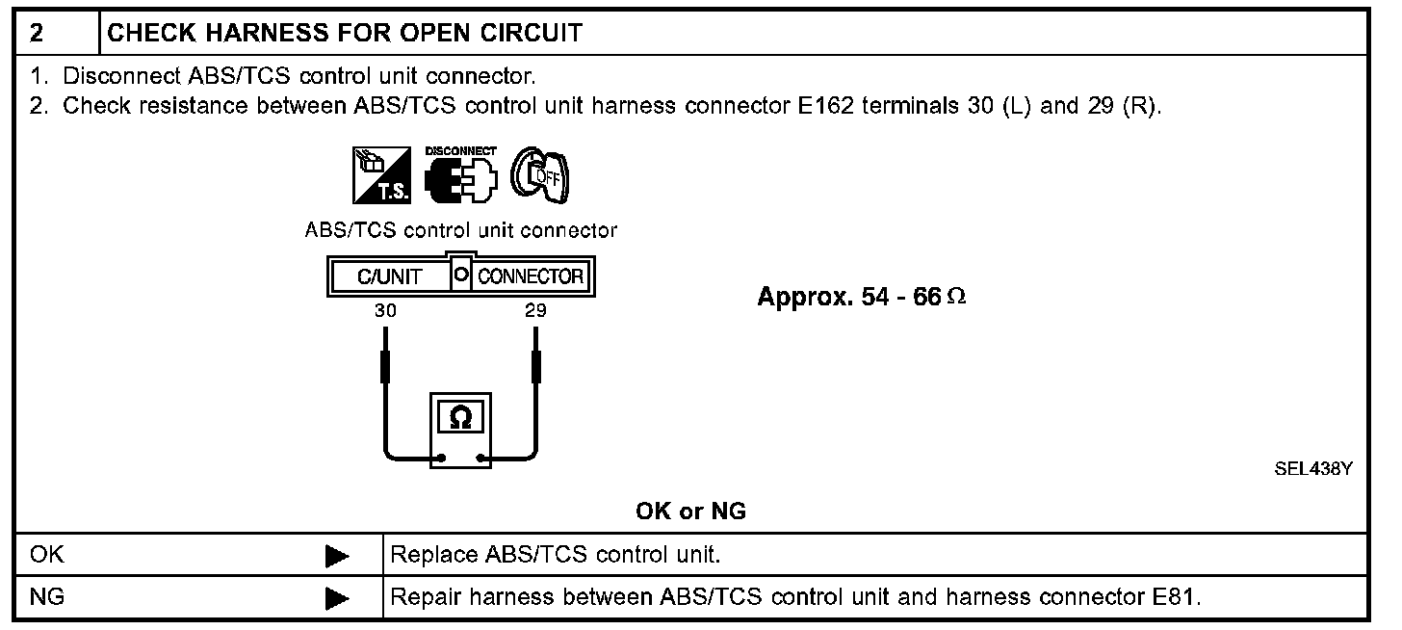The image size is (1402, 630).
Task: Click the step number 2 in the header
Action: (x=37, y=34)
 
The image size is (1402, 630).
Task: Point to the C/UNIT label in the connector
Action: (x=389, y=277)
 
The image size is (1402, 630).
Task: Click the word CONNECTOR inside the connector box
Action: (x=531, y=277)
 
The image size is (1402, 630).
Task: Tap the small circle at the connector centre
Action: (x=460, y=276)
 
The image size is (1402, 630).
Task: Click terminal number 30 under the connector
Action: (x=386, y=311)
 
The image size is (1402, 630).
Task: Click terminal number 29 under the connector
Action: (x=535, y=311)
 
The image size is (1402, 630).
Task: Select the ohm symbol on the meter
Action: (x=461, y=416)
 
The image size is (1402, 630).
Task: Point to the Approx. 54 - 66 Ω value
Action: (x=861, y=297)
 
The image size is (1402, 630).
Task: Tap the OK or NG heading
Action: (x=690, y=512)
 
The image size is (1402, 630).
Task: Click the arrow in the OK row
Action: (x=336, y=556)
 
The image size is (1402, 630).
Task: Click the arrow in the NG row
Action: (x=336, y=598)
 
